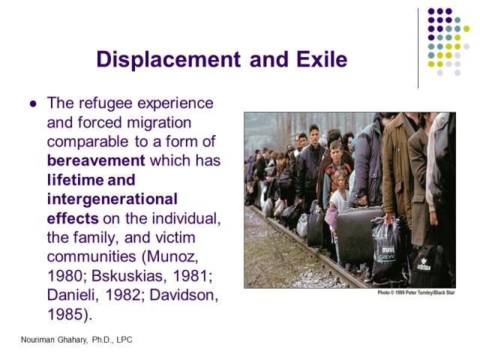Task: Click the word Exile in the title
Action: click(x=320, y=59)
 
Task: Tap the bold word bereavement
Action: click(x=96, y=160)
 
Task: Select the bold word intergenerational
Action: click(x=112, y=199)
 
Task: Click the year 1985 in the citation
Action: click(x=65, y=314)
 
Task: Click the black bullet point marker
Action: click(x=32, y=103)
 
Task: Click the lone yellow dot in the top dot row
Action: click(x=467, y=28)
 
